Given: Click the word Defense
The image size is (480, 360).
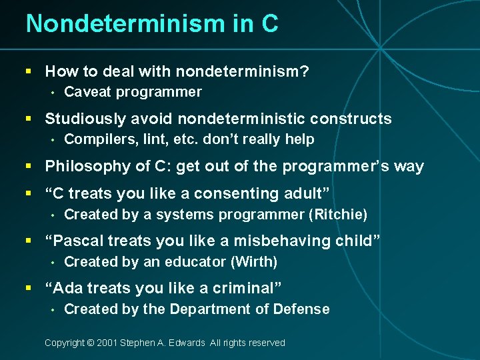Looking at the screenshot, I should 304,309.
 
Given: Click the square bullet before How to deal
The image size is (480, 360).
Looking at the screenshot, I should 28,71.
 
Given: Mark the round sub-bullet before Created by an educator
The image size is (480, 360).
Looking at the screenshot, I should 51,262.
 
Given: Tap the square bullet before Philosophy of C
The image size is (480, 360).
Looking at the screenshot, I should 28,167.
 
